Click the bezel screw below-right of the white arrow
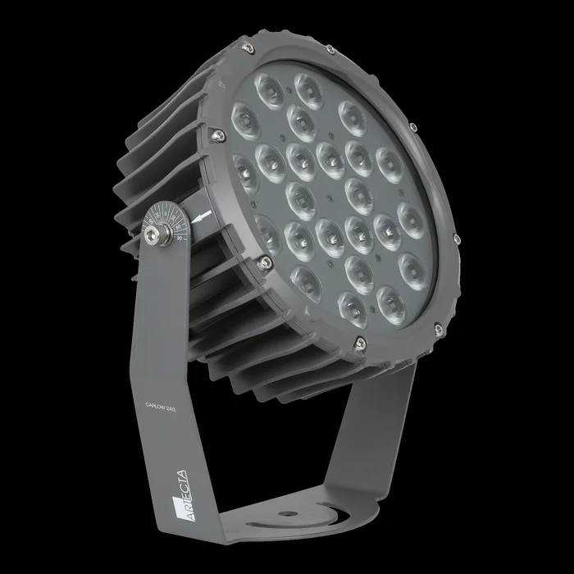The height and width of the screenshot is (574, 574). click(x=263, y=262)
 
